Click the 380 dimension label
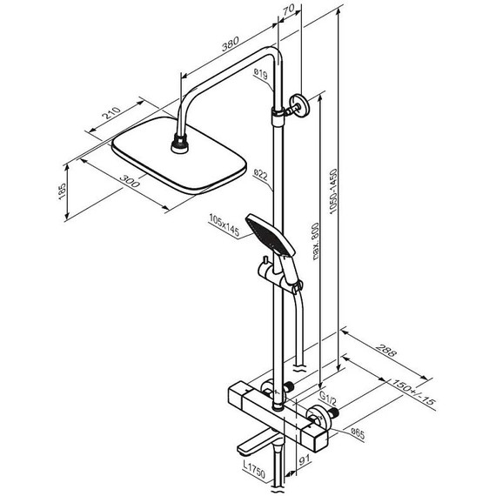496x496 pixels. coord(230,44)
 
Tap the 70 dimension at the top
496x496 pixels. coord(289,10)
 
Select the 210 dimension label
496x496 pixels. coord(112,113)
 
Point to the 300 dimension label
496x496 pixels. coord(130,181)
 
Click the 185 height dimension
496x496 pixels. coord(63,191)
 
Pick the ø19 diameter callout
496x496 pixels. coord(261,74)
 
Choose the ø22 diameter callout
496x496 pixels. coord(261,175)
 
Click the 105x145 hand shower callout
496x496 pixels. coord(224,225)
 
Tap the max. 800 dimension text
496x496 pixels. coord(316,242)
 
